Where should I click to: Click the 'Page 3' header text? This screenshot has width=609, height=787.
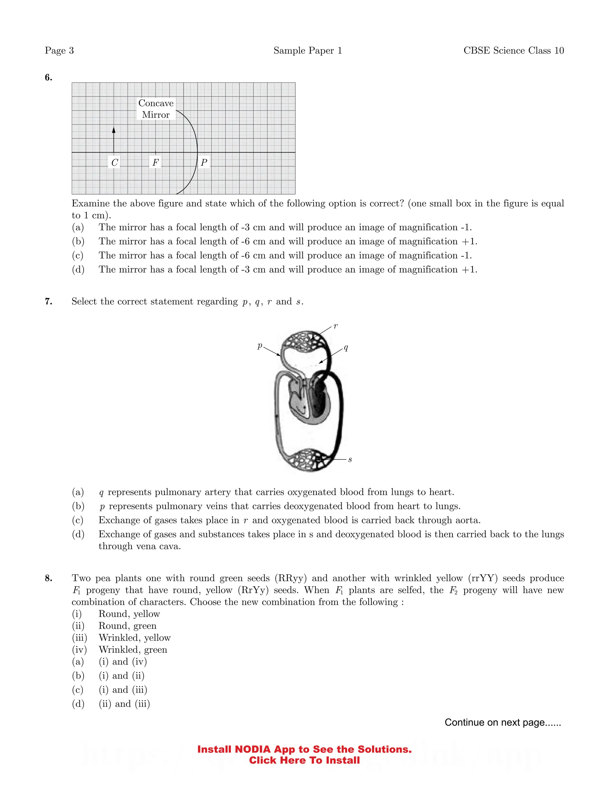pyautogui.click(x=59, y=50)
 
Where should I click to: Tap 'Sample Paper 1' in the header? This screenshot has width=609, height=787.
pyautogui.click(x=307, y=50)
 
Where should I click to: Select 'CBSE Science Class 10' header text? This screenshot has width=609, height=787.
pyautogui.click(x=513, y=50)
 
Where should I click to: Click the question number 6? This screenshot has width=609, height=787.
pyautogui.click(x=48, y=78)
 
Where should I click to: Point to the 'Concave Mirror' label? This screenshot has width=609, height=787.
pyautogui.click(x=156, y=109)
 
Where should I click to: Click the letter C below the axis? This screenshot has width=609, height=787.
pyautogui.click(x=115, y=162)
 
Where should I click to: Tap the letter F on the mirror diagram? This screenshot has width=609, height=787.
pyautogui.click(x=156, y=162)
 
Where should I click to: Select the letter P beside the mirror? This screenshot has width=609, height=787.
pyautogui.click(x=204, y=162)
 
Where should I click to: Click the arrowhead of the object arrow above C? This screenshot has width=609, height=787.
pyautogui.click(x=114, y=130)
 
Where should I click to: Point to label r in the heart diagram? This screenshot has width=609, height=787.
pyautogui.click(x=335, y=326)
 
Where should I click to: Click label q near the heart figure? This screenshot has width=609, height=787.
pyautogui.click(x=346, y=347)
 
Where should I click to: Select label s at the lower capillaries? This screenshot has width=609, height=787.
pyautogui.click(x=350, y=459)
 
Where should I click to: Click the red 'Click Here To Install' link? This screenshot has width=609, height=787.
pyautogui.click(x=304, y=760)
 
